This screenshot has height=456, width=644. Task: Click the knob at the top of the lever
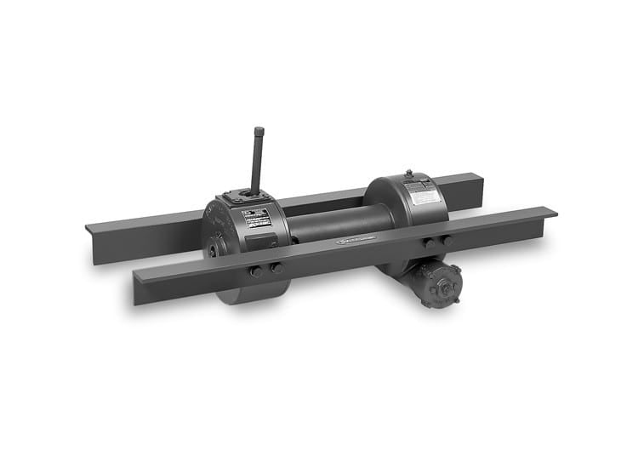pos(259,132)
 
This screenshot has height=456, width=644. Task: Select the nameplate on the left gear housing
pos(257,218)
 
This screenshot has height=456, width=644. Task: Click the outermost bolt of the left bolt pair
pos(255,271)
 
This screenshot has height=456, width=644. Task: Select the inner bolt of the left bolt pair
pos(276,267)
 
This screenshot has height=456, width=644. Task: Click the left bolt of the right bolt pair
pos(429,243)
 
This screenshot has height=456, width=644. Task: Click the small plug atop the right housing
pos(408,174)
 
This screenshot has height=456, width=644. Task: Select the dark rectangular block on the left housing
pos(261,241)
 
